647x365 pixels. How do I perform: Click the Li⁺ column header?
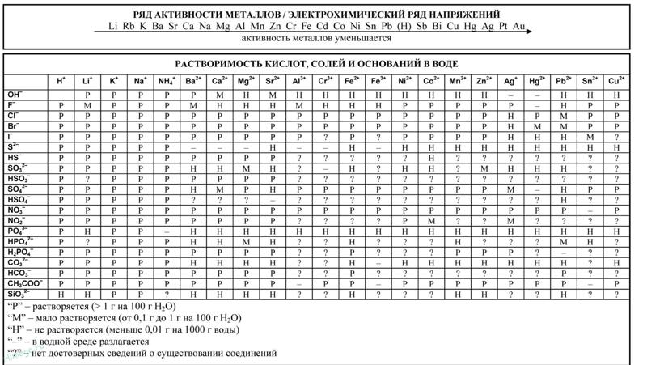[x=86, y=81]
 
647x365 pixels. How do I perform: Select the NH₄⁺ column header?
[x=166, y=81]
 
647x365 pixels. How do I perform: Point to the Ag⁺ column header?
[x=510, y=81]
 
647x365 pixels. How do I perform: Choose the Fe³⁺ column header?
[x=377, y=81]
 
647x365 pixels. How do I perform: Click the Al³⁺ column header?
[x=298, y=81]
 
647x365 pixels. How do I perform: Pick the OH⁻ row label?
[x=16, y=95]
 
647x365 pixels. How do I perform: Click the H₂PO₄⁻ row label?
[x=20, y=253]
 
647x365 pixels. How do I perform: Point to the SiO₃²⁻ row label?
[x=19, y=295]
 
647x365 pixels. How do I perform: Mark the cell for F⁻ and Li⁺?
[x=86, y=105]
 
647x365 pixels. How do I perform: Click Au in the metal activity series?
[x=518, y=27]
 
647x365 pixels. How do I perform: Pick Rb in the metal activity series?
[x=129, y=27]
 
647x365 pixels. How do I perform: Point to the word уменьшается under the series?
[x=363, y=38]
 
